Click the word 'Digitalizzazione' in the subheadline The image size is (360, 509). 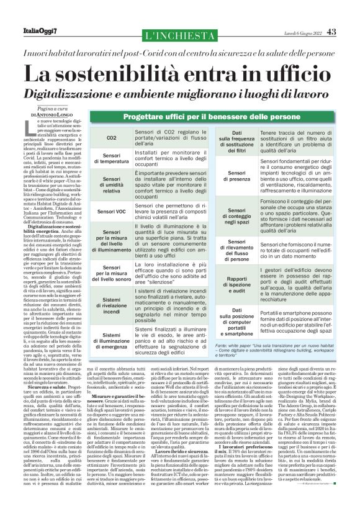click(x=74, y=94)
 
